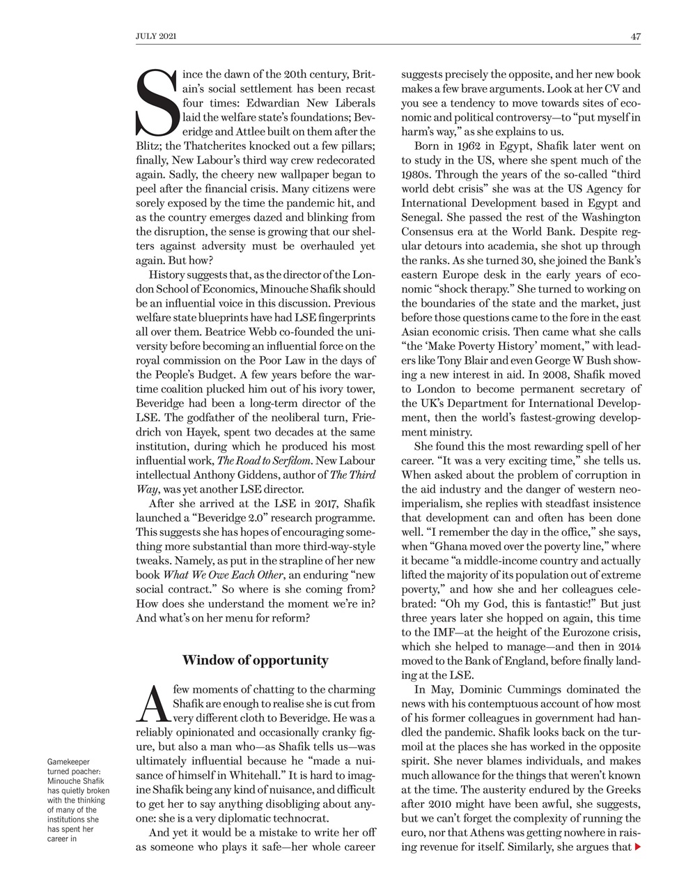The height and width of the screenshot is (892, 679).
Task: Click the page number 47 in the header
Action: point(635,37)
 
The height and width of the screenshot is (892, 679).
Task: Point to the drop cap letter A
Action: point(151,703)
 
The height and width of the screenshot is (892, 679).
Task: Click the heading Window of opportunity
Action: point(255,659)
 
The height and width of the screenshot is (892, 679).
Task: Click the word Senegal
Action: point(423,217)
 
